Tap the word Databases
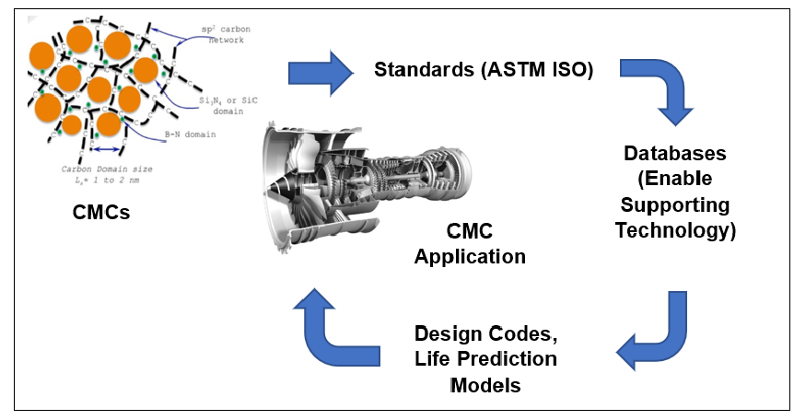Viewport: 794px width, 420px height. (675, 153)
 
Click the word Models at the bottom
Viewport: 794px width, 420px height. (485, 384)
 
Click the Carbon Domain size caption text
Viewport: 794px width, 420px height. (108, 174)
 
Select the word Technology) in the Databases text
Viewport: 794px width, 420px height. (675, 230)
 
